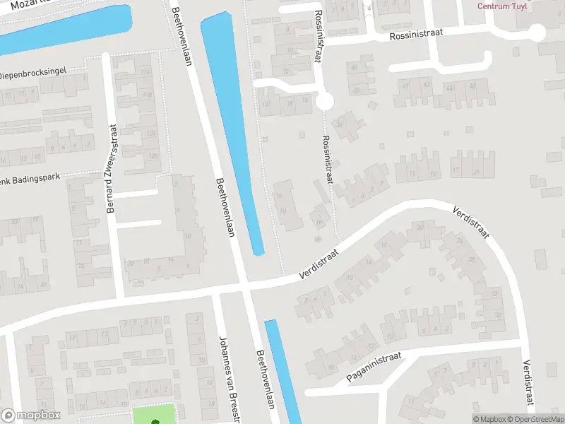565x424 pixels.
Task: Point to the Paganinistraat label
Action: [374, 367]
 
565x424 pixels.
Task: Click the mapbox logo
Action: [30, 416]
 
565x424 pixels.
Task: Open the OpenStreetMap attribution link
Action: [540, 419]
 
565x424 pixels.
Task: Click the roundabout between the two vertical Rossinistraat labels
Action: [325, 102]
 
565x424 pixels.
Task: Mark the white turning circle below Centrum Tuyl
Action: [537, 33]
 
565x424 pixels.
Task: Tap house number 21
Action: [476, 172]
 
